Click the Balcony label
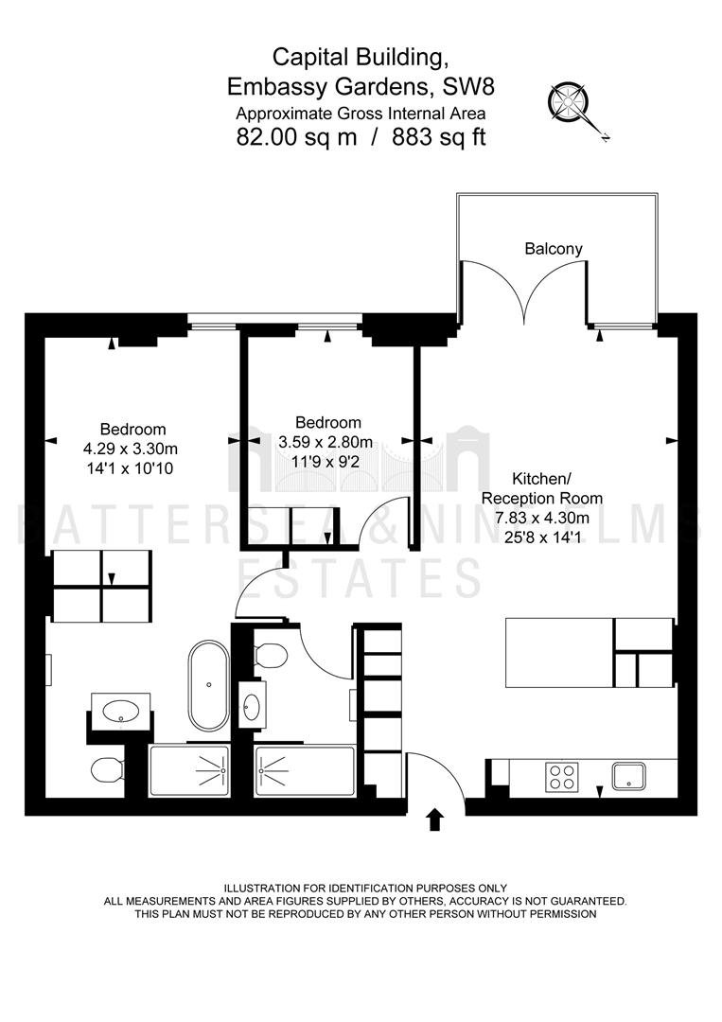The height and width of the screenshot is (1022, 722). tap(554, 248)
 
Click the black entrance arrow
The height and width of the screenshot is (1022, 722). tap(434, 819)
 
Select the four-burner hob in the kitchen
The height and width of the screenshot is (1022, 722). tap(562, 776)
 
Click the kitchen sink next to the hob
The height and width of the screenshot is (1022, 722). tap(629, 776)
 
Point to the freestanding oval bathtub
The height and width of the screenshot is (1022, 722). tap(208, 685)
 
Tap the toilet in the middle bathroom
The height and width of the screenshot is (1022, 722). tap(271, 655)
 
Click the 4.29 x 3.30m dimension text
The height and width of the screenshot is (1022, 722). tap(131, 449)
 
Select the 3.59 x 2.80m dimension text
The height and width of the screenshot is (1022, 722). tap(326, 442)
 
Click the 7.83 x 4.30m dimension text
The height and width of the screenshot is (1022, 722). tap(542, 519)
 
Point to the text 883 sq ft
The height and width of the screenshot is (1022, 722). tap(438, 137)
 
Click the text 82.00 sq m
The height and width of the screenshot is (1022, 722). tap(296, 137)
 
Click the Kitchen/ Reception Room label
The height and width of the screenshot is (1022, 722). tap(541, 488)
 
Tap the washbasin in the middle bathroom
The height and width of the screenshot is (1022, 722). tap(252, 705)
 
